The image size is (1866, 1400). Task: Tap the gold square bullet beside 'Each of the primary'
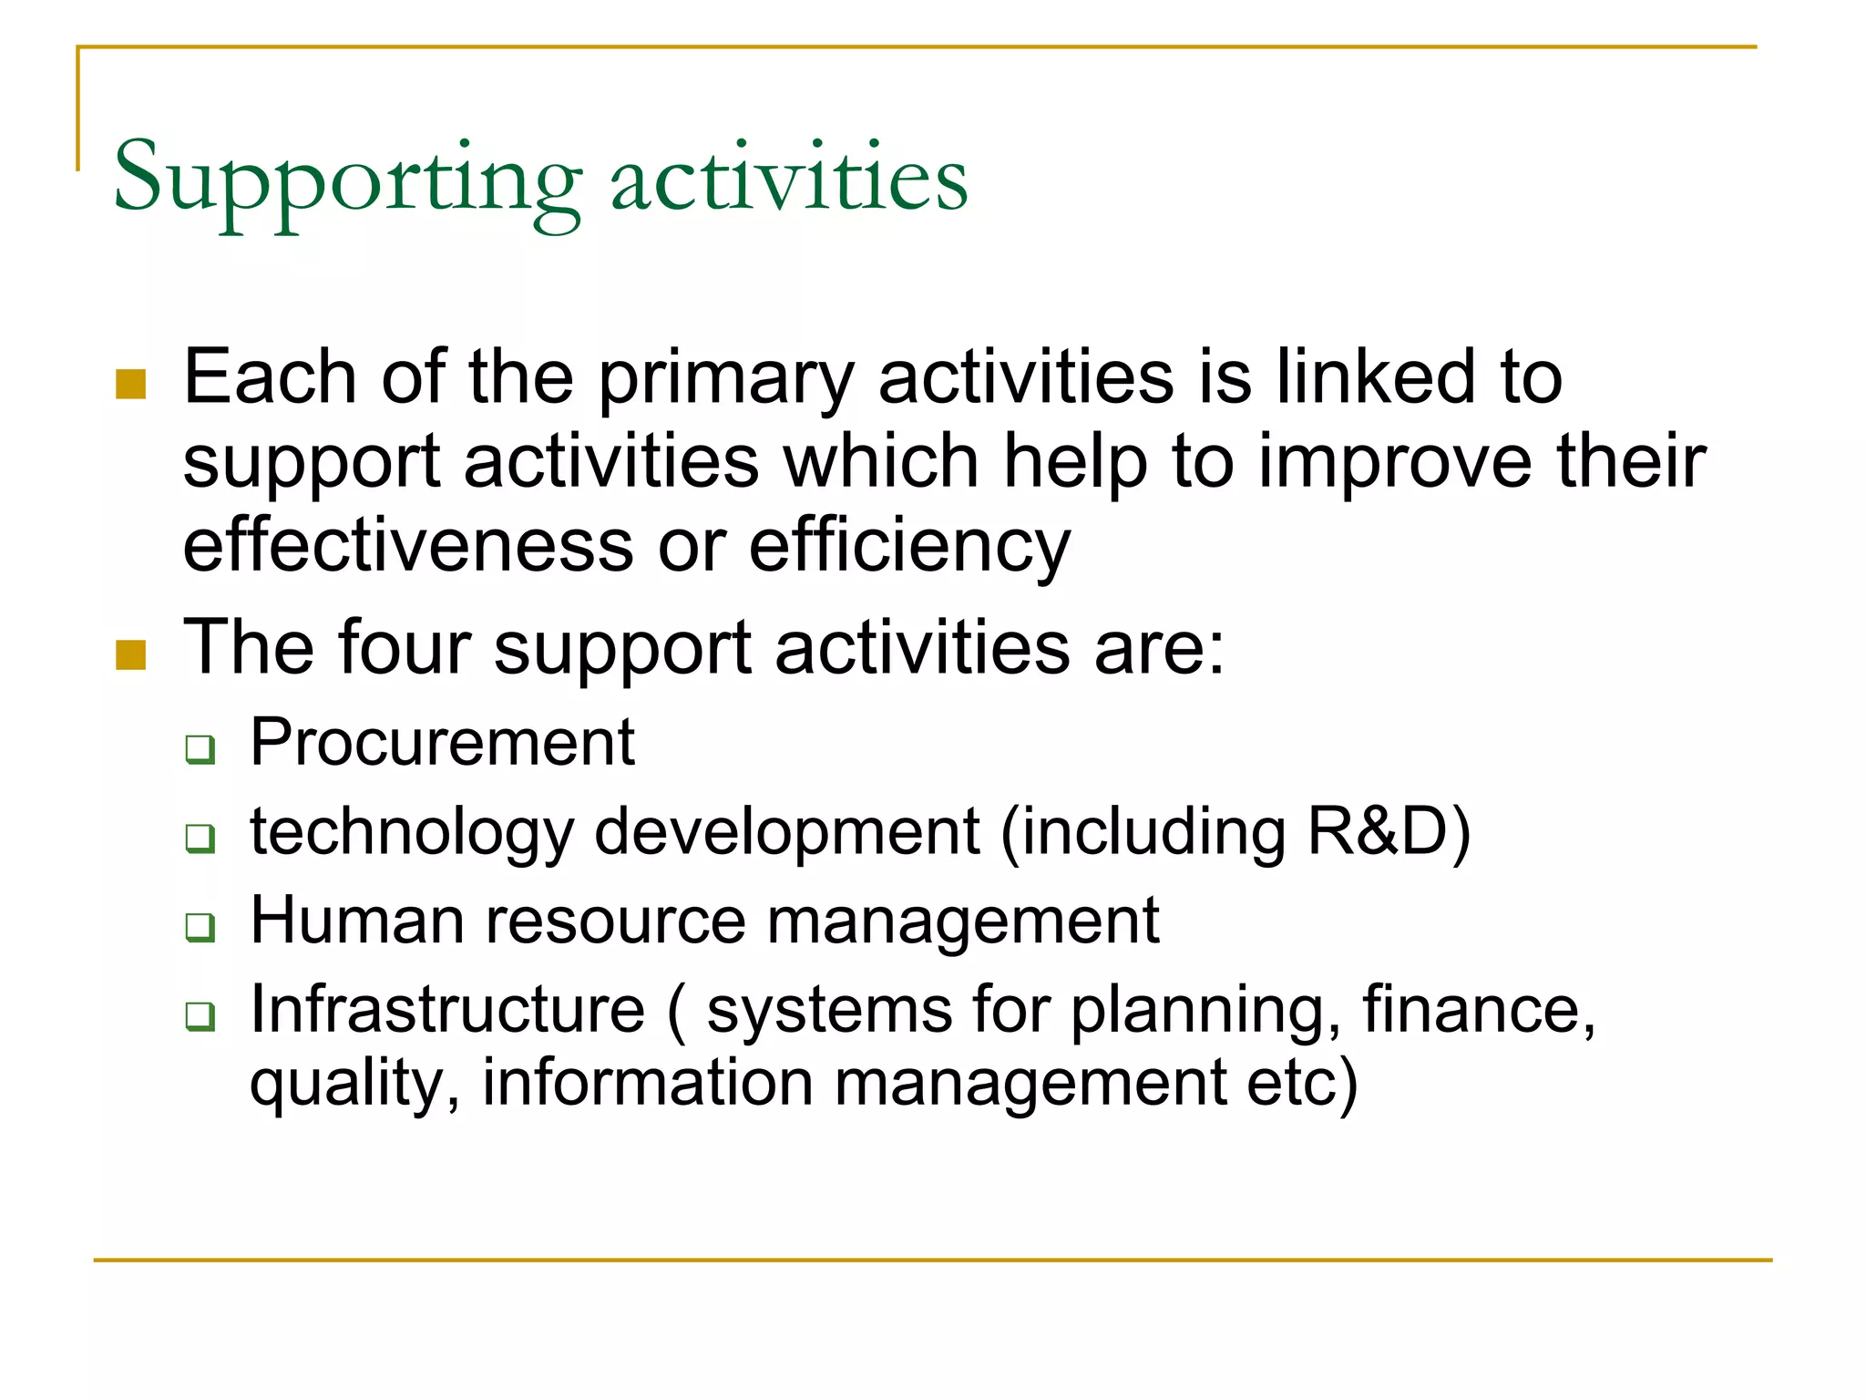coord(131,385)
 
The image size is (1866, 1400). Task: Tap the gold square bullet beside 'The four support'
coord(131,654)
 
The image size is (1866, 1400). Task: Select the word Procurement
coord(442,742)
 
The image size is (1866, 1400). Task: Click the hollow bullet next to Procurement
coord(200,749)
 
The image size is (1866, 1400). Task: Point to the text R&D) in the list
coord(1389,831)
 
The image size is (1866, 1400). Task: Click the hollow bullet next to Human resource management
coord(200,927)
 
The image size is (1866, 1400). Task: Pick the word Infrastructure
coord(447,1009)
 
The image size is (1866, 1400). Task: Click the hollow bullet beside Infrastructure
coord(200,1015)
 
